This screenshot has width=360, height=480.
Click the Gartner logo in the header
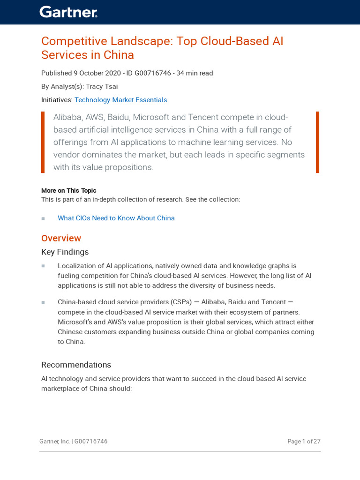pos(68,12)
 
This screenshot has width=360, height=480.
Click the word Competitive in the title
pos(69,41)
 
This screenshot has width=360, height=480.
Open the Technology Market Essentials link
pos(120,100)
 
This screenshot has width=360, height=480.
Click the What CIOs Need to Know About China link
pos(116,218)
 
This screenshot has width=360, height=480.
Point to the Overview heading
pos(61,238)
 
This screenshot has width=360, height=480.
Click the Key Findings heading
pos(65,252)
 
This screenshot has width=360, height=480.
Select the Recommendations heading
pos(76,365)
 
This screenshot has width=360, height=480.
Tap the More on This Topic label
pos(68,191)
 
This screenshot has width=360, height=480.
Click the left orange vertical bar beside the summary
pos(43,142)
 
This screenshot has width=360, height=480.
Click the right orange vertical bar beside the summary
pos(317,142)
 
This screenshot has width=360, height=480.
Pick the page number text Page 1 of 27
pos(304,442)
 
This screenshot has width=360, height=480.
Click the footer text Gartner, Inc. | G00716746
pos(73,442)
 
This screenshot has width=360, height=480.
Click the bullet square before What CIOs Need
pos(43,218)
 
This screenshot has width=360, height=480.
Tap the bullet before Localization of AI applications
pos(43,266)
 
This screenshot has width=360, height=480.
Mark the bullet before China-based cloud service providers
pos(43,302)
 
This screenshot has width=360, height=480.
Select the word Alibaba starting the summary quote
pos(67,117)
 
